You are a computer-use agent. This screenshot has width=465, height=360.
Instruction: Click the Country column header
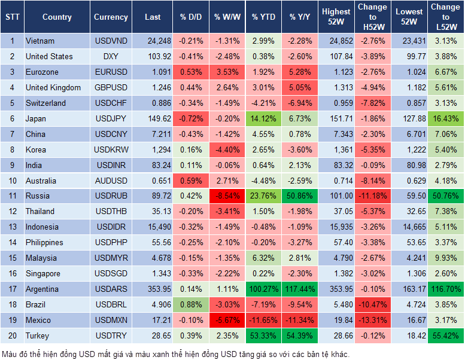click(x=57, y=17)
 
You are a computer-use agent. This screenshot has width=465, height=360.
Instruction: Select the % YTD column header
click(x=263, y=17)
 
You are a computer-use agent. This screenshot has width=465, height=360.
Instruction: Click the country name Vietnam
click(x=40, y=41)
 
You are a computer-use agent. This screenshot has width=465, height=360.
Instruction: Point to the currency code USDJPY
click(x=111, y=118)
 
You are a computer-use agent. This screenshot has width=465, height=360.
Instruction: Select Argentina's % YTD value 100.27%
click(x=263, y=289)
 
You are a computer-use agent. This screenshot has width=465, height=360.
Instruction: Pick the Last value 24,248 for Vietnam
click(x=159, y=41)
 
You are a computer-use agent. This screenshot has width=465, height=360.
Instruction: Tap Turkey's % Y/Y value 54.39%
click(x=300, y=335)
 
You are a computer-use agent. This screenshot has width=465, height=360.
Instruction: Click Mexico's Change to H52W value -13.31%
click(x=372, y=320)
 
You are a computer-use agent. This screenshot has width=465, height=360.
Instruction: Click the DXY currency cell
click(x=111, y=56)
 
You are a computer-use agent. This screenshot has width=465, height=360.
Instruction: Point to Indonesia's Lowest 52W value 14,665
click(x=410, y=227)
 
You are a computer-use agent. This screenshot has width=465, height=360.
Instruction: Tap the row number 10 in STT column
click(x=11, y=181)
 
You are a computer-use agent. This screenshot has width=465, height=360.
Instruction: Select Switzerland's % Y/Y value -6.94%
click(x=300, y=103)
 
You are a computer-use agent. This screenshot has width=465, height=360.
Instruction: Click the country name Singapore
click(x=42, y=273)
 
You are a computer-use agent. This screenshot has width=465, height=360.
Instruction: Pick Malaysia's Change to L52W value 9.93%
click(x=446, y=258)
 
